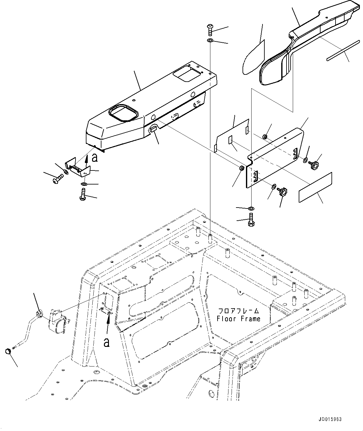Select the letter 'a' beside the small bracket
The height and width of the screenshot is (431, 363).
95,158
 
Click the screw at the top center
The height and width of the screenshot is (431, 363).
210,31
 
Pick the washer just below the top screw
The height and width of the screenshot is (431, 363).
210,41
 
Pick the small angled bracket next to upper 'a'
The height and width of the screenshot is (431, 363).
77,168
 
